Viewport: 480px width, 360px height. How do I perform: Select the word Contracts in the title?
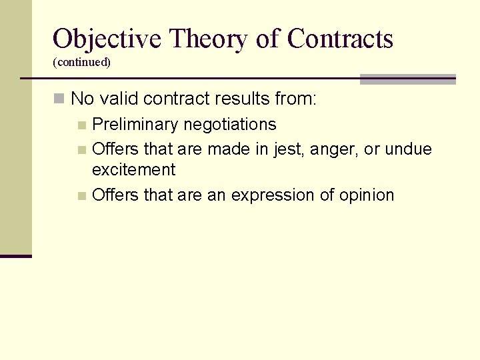coord(340,39)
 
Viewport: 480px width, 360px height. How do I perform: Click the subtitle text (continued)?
coord(81,62)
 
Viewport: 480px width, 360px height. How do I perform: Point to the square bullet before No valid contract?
coord(59,99)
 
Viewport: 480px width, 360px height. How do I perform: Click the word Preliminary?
coord(135,125)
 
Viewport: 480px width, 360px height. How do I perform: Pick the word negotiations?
coord(230,125)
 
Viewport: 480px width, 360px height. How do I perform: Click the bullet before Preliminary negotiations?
coord(81,125)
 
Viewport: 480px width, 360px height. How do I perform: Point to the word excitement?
coord(133,169)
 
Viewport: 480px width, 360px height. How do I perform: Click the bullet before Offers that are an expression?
coord(81,196)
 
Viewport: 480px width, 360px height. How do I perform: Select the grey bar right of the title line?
coord(407,79)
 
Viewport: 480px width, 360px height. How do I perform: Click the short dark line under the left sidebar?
coord(16,256)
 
